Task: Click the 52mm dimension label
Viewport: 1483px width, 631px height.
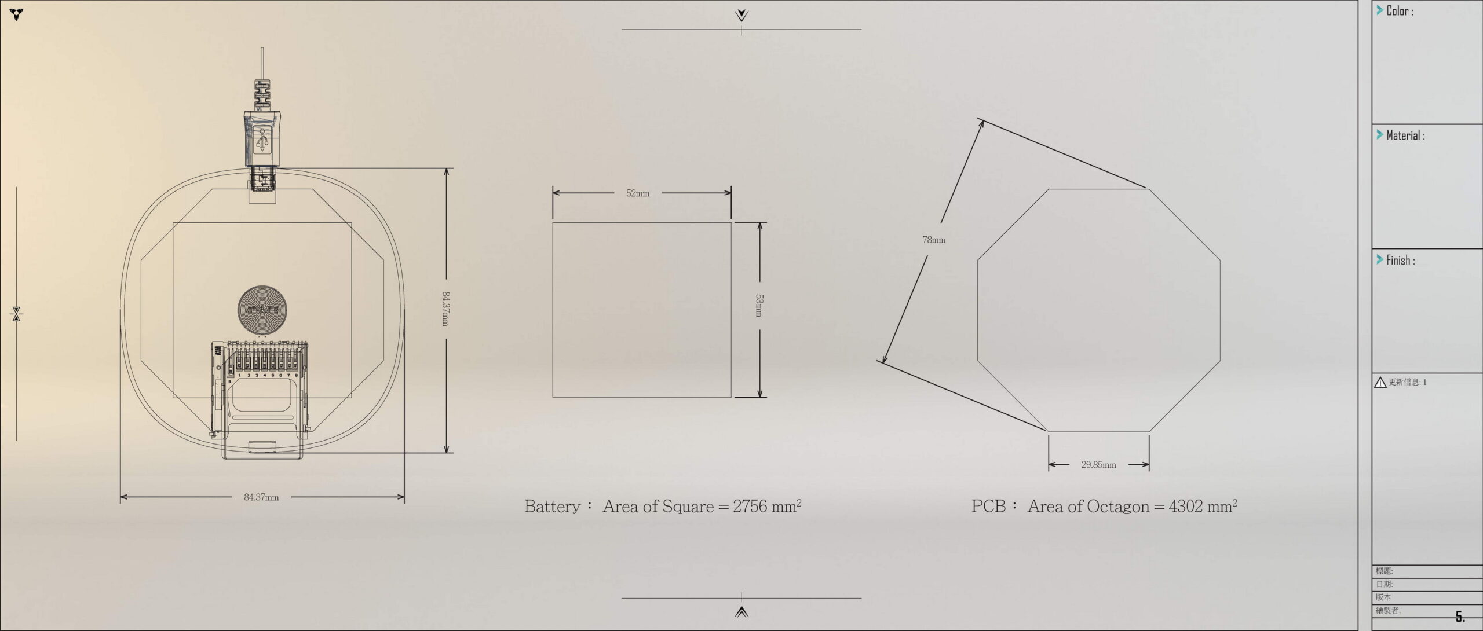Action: (x=637, y=193)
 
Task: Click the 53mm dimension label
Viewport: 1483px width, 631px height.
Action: (x=759, y=305)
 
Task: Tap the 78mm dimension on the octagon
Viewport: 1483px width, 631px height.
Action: (x=934, y=240)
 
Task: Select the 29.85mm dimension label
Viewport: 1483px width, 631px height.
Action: (x=1098, y=465)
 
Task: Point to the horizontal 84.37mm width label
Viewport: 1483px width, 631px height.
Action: (x=261, y=497)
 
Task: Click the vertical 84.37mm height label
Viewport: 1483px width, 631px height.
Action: (x=445, y=308)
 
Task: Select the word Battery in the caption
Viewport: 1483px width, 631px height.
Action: (x=552, y=507)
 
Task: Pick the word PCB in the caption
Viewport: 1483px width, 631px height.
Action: (x=988, y=507)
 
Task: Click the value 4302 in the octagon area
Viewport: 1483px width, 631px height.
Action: (x=1186, y=507)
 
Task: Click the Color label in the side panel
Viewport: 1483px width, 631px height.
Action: (x=1400, y=11)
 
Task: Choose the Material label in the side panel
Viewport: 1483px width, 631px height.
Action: (x=1405, y=135)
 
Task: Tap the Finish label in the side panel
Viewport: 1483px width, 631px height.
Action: (x=1401, y=261)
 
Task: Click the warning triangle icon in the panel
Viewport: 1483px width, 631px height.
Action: (x=1380, y=383)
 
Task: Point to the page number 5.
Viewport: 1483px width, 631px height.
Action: (x=1460, y=617)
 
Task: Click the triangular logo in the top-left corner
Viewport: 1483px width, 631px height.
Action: (x=17, y=14)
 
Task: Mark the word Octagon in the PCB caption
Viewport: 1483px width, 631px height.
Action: (x=1118, y=507)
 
